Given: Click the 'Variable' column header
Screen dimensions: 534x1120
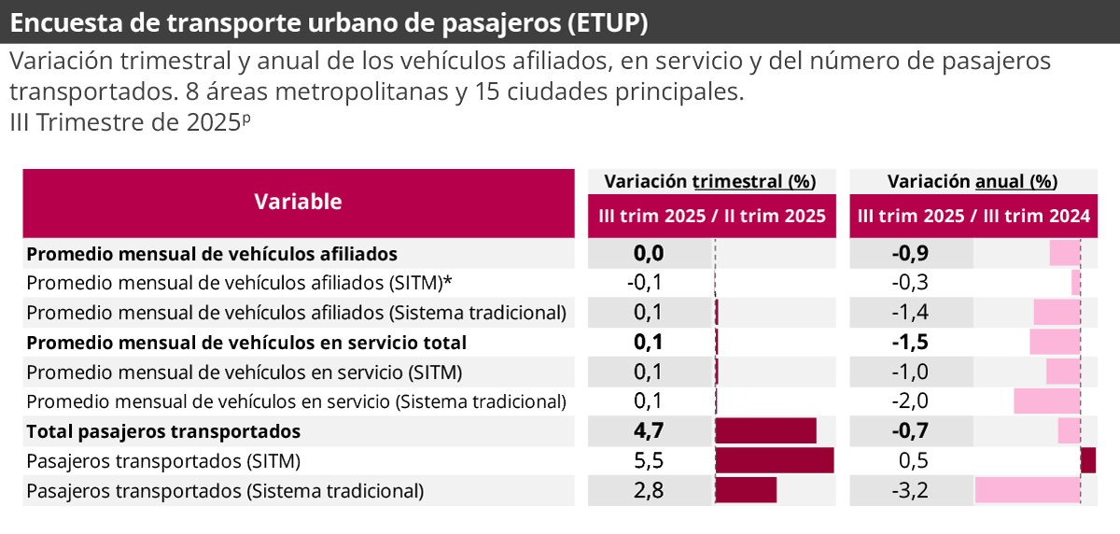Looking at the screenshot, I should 298,202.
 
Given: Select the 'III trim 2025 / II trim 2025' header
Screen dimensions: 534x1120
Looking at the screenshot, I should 712,216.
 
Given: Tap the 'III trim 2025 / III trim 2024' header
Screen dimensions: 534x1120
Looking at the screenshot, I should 973,216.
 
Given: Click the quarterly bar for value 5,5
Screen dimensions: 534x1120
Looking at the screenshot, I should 774,461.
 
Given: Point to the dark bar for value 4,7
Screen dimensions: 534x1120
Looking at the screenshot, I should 765,431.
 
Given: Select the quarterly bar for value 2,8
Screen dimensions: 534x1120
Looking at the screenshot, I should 746,490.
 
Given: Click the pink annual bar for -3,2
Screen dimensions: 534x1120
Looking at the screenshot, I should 1028,490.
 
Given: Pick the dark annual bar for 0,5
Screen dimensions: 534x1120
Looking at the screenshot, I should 1088,461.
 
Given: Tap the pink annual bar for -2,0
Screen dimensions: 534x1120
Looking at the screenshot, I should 1047,401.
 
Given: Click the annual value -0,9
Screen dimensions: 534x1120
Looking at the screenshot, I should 910,253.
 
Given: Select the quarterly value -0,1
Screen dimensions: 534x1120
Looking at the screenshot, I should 644,283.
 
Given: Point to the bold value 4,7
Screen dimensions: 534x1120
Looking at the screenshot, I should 648,431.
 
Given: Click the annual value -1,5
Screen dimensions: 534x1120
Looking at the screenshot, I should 910,343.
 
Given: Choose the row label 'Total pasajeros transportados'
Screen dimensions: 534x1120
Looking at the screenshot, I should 163,431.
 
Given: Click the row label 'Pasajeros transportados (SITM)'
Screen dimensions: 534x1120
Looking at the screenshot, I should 163,461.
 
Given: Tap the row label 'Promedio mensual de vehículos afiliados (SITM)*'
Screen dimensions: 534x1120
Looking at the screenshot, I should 239,283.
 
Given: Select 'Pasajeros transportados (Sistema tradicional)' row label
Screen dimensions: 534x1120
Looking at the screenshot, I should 225,490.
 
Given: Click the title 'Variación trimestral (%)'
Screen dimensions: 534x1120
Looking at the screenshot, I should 710,181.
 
